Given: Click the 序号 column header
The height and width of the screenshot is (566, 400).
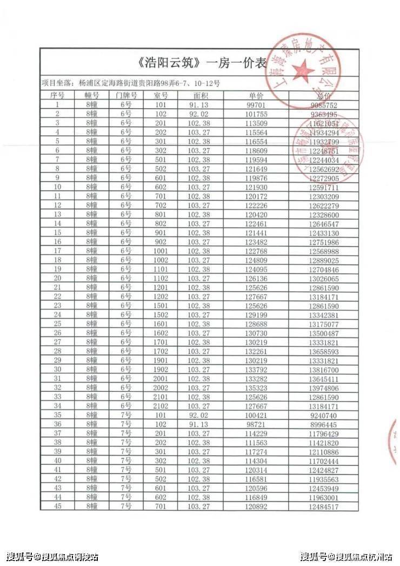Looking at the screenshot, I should [57, 95].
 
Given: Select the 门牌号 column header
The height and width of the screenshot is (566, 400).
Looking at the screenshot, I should [126, 95].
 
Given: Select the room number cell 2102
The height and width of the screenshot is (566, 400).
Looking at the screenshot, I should [161, 406].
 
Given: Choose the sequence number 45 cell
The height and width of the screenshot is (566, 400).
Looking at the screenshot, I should [57, 506].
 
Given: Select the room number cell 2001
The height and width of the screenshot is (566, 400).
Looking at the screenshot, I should [161, 378].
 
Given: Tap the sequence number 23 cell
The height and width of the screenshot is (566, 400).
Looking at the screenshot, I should [57, 305].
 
